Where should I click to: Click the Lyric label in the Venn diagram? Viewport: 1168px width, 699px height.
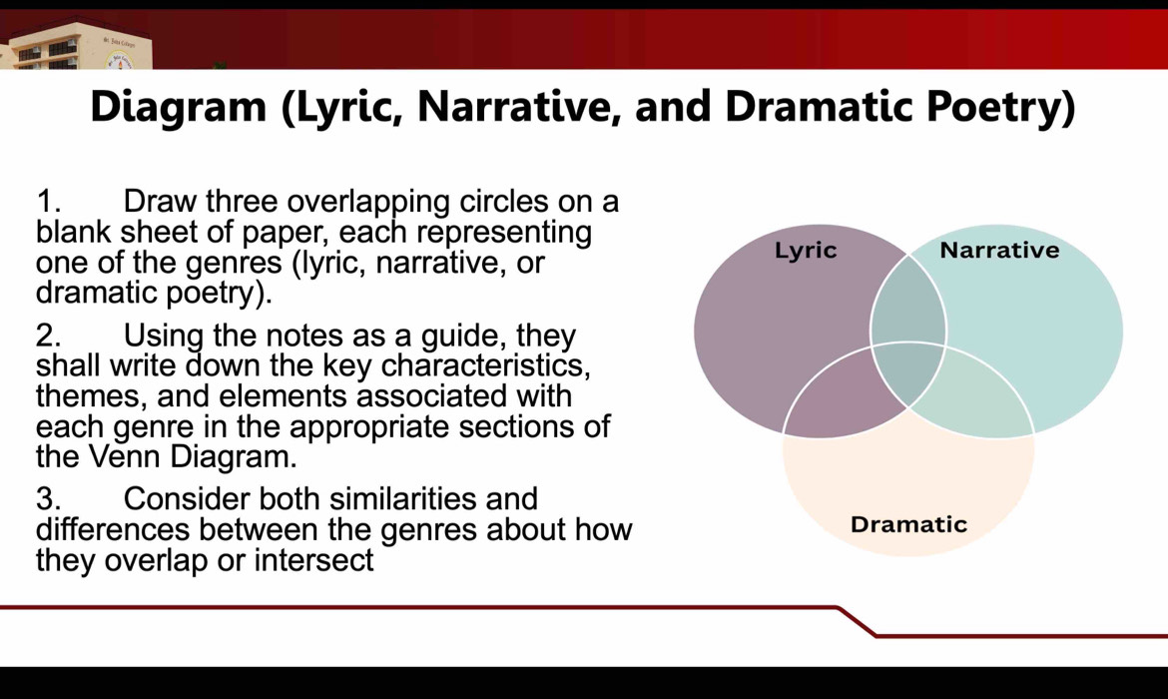(806, 251)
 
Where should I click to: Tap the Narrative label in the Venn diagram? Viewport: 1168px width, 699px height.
(999, 250)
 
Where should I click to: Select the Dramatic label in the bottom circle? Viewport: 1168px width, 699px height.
(908, 524)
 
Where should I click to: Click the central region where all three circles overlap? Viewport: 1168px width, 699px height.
(908, 370)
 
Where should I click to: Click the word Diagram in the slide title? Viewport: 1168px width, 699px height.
(178, 107)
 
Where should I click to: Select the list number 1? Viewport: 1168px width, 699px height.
(48, 202)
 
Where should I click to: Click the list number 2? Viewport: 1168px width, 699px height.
(49, 337)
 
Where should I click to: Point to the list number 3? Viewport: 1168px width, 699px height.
(49, 499)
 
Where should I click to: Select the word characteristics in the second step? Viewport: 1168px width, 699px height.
(486, 365)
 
